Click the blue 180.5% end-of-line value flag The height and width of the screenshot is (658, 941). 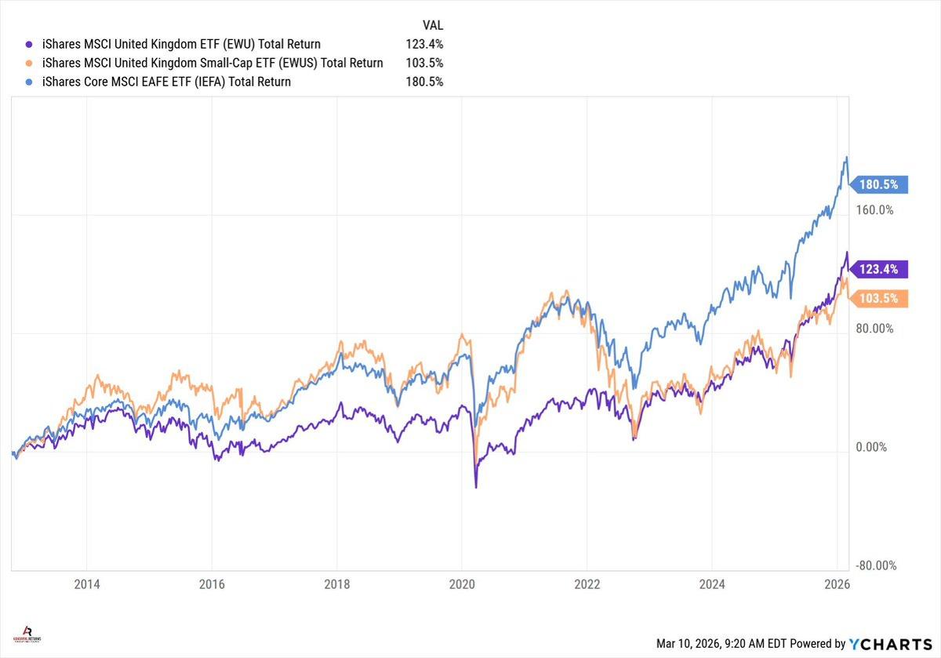[880, 185]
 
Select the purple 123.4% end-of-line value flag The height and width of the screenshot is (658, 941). [880, 269]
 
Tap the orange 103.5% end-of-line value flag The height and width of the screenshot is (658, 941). [880, 298]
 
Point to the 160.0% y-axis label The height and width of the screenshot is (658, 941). [874, 210]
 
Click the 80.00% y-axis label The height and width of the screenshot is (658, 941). [874, 329]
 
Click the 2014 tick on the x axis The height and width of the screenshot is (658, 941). [87, 584]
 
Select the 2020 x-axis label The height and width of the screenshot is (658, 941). [461, 584]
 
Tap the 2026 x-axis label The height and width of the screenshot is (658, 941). [837, 584]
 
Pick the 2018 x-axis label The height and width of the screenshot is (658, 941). [336, 584]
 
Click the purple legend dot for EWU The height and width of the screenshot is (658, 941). [29, 44]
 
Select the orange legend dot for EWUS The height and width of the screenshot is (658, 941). [29, 63]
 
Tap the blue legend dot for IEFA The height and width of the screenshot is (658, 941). [29, 82]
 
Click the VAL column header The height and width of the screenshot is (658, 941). [431, 25]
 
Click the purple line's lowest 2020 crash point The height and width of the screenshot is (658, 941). [476, 488]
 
